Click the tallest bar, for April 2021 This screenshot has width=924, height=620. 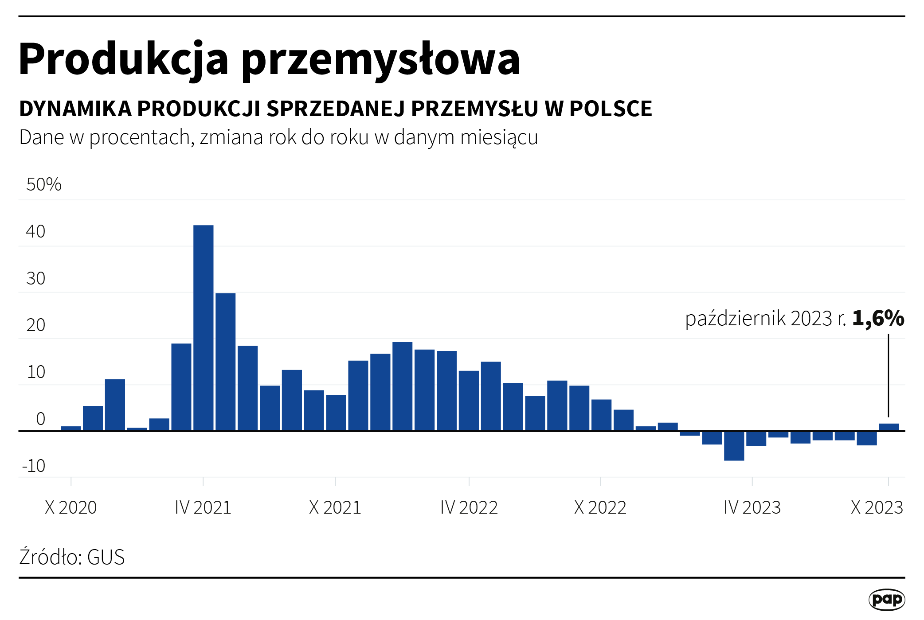(204, 328)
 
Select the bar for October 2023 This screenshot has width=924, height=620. (889, 427)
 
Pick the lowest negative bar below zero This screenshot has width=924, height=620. (734, 446)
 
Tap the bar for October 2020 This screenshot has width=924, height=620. (71, 428)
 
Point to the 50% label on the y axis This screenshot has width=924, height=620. (43, 184)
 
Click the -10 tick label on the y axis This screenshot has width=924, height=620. (34, 466)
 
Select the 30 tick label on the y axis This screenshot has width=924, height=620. (35, 278)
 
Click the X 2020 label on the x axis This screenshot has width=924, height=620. (71, 507)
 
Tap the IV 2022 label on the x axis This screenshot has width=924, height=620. (469, 507)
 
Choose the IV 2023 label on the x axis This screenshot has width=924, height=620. (752, 507)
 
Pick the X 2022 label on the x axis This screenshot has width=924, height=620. (600, 507)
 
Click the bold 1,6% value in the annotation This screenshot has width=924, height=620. (878, 318)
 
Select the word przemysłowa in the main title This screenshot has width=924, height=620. (380, 60)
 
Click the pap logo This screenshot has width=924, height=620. (886, 599)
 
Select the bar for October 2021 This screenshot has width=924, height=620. (336, 413)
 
